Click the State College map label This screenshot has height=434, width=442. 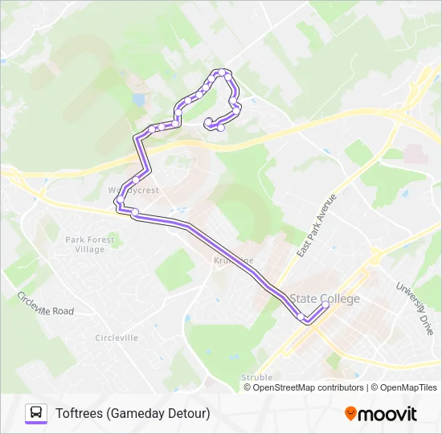pos(325,299)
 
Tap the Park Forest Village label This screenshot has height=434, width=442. pos(85,244)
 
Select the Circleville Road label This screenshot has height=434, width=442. pos(45,304)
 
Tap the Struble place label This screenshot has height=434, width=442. pos(256,377)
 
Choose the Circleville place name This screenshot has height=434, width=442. pos(117,338)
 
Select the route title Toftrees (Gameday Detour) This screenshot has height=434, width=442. pos(133,413)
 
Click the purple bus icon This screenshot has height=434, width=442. pos(36,413)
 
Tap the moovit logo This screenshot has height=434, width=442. pos(381,414)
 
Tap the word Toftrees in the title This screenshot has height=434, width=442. pos(80,413)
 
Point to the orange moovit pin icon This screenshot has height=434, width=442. pos(350,414)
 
